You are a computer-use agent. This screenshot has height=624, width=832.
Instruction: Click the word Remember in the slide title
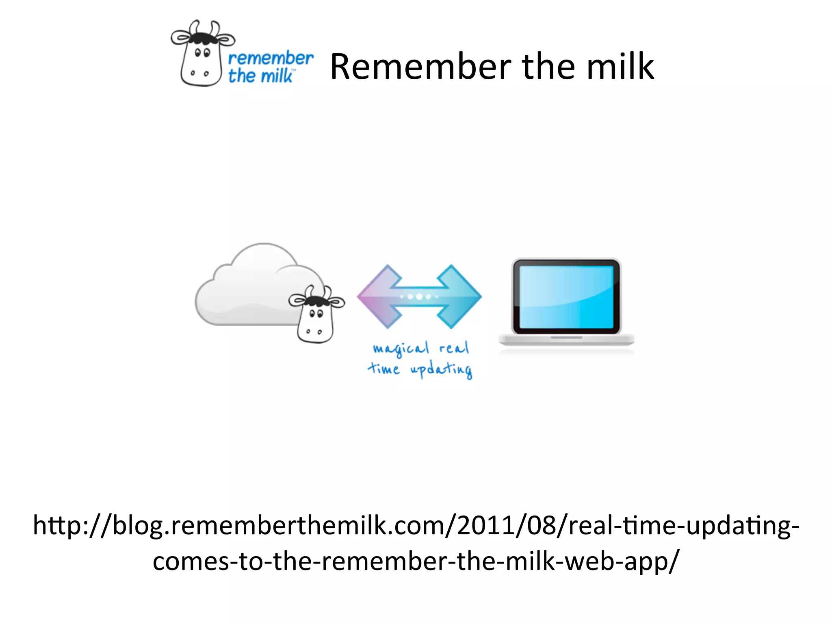click(421, 67)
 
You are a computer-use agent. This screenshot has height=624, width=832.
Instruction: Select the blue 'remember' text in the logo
click(271, 58)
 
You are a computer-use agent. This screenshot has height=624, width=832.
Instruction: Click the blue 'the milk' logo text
click(260, 76)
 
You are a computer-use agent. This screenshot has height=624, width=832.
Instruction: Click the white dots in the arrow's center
click(419, 297)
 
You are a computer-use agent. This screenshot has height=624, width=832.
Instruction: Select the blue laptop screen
click(566, 297)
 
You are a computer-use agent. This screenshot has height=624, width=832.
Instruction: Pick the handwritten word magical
click(401, 349)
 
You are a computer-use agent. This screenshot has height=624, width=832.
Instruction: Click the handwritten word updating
click(441, 370)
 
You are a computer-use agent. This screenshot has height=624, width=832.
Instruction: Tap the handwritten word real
click(454, 348)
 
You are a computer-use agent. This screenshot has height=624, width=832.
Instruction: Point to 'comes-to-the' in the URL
click(232, 561)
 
